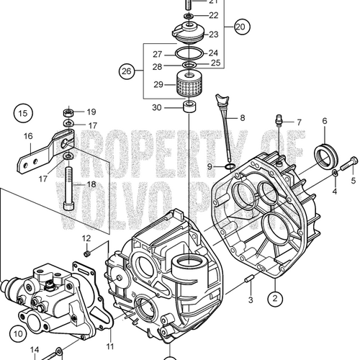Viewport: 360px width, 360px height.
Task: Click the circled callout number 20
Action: (239, 27)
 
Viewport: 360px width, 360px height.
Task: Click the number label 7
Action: (299, 122)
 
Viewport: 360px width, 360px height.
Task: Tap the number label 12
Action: (86, 238)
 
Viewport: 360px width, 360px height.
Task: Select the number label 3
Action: (250, 300)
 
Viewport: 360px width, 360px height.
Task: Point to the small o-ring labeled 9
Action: (228, 168)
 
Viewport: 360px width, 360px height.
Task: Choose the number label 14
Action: (34, 351)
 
